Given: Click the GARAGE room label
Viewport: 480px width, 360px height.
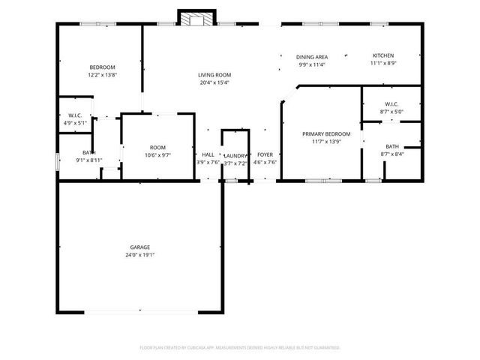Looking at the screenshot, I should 140,247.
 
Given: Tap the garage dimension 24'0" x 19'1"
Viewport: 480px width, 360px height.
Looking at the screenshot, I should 140,255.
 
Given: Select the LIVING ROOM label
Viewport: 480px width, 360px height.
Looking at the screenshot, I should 214,75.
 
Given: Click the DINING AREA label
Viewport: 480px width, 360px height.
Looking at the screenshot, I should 312,56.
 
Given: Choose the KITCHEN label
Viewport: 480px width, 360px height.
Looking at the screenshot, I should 384,55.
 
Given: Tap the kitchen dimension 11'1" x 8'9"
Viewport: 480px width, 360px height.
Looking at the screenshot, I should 384,64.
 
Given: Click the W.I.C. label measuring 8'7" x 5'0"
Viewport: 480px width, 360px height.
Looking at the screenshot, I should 391,103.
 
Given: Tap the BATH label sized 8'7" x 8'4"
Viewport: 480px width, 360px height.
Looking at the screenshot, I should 392,146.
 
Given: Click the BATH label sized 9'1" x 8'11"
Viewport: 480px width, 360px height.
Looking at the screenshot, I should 88,152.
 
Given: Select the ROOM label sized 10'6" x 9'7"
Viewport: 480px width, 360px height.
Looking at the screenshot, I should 157,147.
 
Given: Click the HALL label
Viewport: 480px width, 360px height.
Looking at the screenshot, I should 208,154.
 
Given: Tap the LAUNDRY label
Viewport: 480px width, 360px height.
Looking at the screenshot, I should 235,155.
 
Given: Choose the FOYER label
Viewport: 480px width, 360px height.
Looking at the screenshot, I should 265,154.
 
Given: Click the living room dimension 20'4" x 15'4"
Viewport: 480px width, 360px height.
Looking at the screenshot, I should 214,82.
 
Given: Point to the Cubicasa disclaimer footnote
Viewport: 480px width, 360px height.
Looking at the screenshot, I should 240,347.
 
